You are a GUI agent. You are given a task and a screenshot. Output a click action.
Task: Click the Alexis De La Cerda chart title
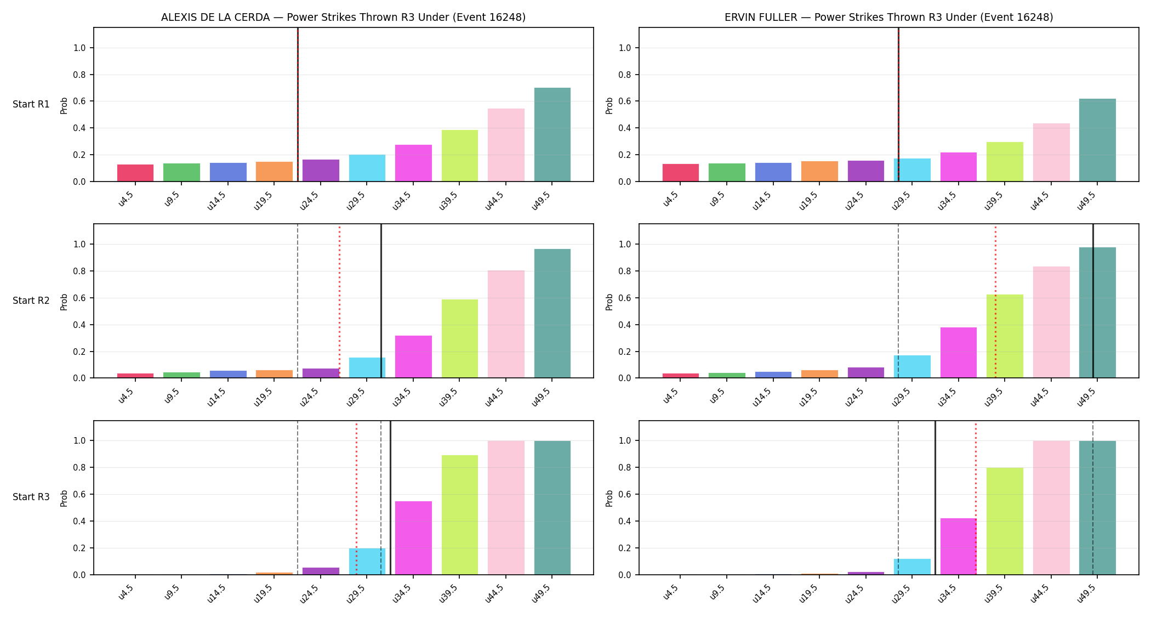[343, 18]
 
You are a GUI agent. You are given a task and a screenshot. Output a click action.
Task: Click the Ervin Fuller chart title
[888, 18]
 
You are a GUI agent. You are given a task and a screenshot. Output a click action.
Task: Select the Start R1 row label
[31, 104]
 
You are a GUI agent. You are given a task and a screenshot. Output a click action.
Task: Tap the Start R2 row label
[31, 301]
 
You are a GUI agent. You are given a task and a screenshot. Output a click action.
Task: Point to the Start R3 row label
[31, 497]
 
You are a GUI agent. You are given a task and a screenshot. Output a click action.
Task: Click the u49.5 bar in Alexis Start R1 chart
[552, 134]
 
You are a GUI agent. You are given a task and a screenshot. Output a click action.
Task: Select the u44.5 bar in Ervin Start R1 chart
[1051, 152]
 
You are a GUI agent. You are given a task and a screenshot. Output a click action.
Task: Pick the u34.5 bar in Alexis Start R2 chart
[413, 357]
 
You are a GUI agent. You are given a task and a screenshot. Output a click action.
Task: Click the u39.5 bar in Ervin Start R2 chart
[1005, 336]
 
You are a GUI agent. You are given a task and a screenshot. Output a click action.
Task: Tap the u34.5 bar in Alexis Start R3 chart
[413, 538]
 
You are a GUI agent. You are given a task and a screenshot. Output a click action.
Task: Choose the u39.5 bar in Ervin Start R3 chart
[1005, 521]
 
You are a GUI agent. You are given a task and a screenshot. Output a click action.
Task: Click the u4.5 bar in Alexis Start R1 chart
[135, 173]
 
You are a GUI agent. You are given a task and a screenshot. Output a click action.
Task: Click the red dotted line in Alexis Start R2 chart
[339, 301]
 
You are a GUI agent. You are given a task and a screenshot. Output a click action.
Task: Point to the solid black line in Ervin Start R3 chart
[935, 498]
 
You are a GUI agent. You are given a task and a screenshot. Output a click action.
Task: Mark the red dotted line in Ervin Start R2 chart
[995, 301]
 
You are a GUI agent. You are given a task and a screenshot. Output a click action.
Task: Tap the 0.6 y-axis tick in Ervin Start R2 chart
[625, 298]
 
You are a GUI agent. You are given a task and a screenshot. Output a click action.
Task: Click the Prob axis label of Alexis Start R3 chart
[64, 498]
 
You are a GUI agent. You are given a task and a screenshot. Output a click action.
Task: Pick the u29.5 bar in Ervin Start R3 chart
[912, 567]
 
